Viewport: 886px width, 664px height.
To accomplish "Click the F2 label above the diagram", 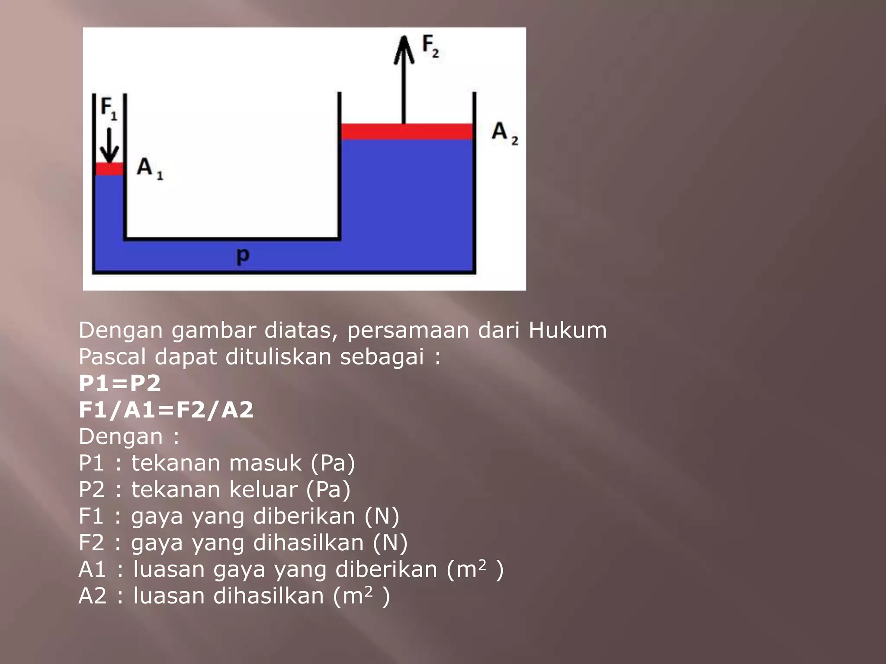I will (x=430, y=46).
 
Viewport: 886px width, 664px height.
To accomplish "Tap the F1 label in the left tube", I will (x=109, y=108).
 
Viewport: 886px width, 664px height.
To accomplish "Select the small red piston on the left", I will (x=109, y=169).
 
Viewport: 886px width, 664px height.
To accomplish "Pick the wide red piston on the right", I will (x=406, y=131).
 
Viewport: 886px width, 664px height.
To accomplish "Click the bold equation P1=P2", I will (x=120, y=383).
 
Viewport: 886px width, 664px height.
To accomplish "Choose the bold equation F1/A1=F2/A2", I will (x=166, y=410).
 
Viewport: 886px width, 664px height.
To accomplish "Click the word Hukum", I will (x=567, y=330).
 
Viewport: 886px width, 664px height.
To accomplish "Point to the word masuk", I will (x=265, y=463).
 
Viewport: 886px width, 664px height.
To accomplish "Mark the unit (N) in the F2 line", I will (x=390, y=543).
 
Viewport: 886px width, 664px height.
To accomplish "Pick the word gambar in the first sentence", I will (x=214, y=330).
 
